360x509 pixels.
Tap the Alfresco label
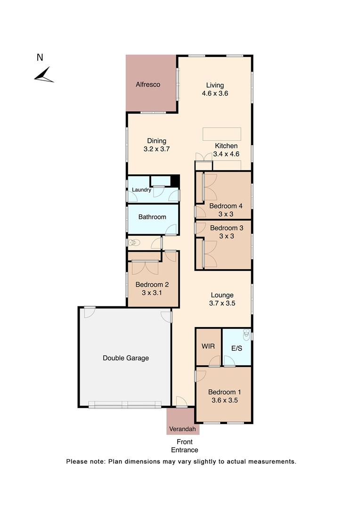click(148, 85)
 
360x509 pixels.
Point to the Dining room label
click(156, 141)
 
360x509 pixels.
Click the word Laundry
click(141, 190)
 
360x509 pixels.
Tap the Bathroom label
click(152, 217)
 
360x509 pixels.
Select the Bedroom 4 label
click(226, 206)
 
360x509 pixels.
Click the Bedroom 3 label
click(227, 228)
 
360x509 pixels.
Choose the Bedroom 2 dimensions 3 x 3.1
click(152, 293)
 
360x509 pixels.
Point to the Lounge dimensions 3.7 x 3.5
click(222, 304)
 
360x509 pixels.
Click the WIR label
click(208, 346)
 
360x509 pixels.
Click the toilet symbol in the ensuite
click(246, 335)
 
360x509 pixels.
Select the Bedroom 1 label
click(225, 392)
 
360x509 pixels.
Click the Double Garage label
click(126, 358)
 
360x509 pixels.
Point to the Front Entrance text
click(184, 446)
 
